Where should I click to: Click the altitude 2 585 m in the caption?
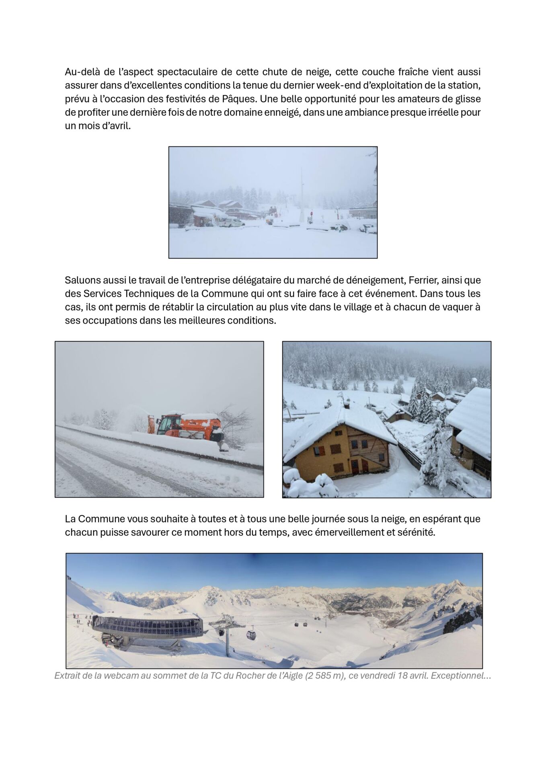[324, 675]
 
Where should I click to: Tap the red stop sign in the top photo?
[311, 214]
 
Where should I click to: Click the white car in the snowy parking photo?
[232, 222]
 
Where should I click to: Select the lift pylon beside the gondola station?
[228, 635]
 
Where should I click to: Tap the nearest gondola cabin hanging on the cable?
[251, 635]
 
